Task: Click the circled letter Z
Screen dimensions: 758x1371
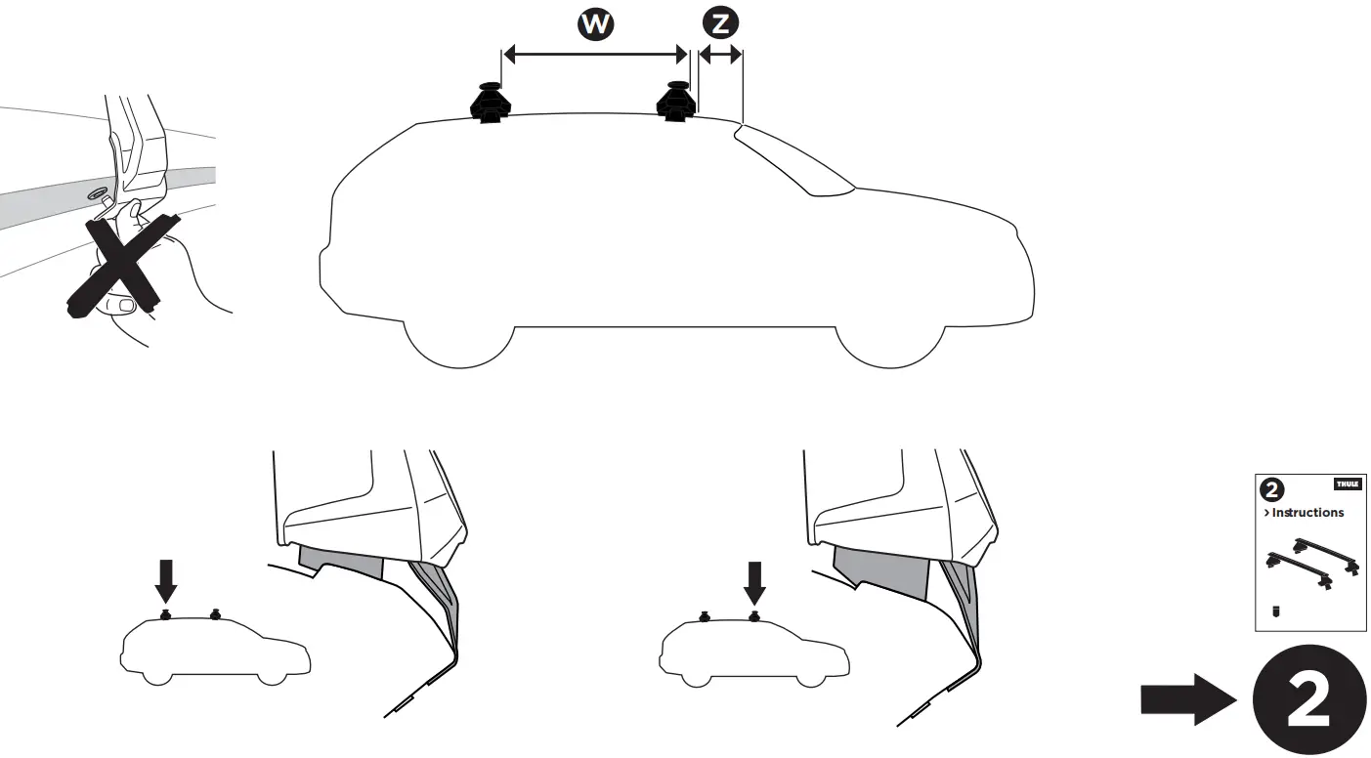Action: tap(720, 23)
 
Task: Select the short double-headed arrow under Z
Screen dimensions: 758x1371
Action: tap(720, 56)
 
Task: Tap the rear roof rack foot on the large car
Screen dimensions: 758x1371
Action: tap(490, 104)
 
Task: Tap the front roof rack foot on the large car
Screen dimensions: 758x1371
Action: tap(675, 102)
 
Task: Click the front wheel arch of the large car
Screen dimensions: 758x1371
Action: tap(888, 337)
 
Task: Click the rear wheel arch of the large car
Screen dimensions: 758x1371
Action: tap(459, 337)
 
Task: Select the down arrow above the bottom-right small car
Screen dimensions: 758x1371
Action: tap(753, 582)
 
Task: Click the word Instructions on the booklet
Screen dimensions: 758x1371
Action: tap(1307, 513)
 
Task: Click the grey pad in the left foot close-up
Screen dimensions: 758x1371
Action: tap(341, 562)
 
